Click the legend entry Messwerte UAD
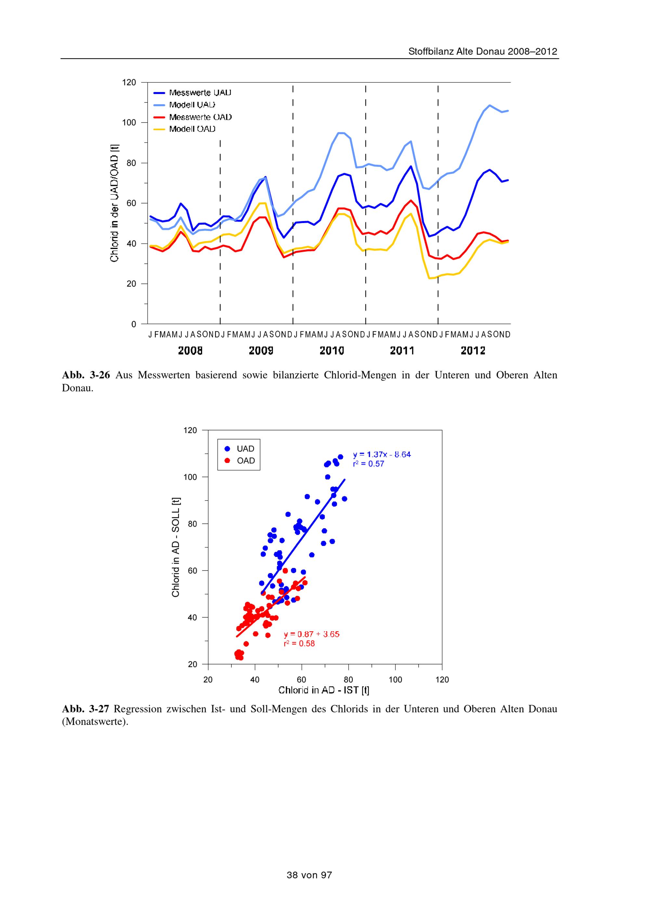tap(200, 93)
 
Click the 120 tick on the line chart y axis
tap(129, 83)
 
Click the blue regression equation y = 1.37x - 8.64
tap(382, 454)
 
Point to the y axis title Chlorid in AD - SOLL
tap(176, 547)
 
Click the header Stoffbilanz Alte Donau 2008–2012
tap(483, 52)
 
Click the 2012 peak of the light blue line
tap(490, 105)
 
